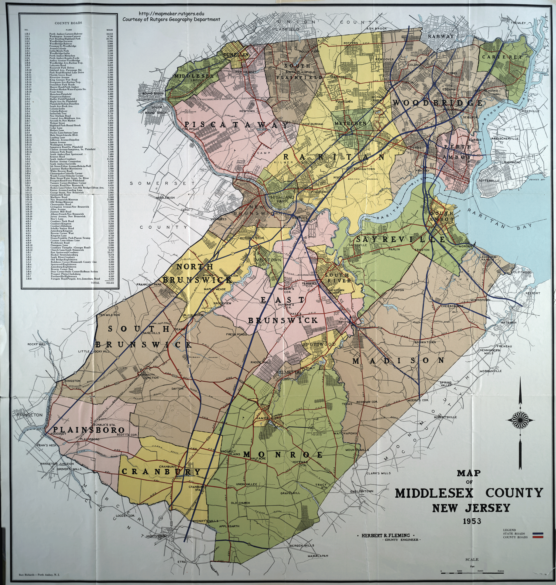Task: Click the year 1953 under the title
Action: (x=472, y=521)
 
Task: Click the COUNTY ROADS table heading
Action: (x=68, y=23)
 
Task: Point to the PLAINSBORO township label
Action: (x=89, y=430)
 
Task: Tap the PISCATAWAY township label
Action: (x=236, y=125)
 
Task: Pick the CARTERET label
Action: (x=502, y=57)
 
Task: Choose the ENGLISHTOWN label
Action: (x=362, y=491)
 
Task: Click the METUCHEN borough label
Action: (x=350, y=123)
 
